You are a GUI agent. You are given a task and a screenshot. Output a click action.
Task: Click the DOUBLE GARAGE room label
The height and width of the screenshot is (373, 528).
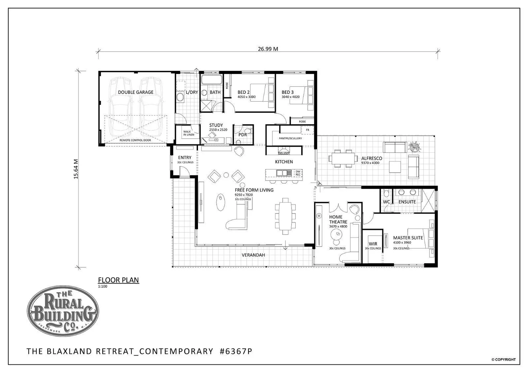135,92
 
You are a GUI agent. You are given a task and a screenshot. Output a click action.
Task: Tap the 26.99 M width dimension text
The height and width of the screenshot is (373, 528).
268,49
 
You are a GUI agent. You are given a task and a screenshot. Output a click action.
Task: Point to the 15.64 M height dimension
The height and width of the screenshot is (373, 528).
76,169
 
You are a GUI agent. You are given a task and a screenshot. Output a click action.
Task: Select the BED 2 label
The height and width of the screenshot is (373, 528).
244,92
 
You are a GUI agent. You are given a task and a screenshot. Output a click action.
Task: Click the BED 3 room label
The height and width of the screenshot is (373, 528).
287,92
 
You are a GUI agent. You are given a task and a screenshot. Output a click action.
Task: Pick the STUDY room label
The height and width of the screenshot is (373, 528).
216,125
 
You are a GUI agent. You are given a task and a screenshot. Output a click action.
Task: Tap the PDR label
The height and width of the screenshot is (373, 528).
243,135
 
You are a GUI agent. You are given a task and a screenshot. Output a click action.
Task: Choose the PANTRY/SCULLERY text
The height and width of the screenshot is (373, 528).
290,138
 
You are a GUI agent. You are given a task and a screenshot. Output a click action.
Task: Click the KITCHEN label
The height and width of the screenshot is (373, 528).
284,162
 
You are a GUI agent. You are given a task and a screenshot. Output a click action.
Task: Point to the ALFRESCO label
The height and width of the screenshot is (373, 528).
371,159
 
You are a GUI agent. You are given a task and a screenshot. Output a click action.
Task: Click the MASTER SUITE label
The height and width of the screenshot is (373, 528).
408,238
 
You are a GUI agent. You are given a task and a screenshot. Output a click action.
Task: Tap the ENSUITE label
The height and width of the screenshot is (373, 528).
407,202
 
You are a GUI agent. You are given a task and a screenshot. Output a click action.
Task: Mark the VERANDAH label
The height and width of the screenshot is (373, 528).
253,255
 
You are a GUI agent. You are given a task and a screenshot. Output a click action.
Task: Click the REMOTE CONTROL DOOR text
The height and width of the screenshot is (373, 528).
135,140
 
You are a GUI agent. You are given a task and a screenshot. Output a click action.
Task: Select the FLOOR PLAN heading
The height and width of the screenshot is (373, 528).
119,280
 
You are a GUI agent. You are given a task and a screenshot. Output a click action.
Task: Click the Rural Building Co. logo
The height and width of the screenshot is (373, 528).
63,311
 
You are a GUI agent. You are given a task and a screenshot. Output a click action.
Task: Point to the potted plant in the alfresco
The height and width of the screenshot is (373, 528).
414,147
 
